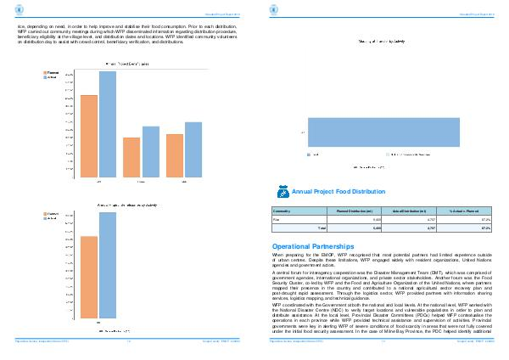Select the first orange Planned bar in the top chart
pos(89,137)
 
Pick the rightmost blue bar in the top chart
pos(193,150)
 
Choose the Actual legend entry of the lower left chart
pos(50,218)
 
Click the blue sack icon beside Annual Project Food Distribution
pos(282,192)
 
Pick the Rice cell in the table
pos(276,219)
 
